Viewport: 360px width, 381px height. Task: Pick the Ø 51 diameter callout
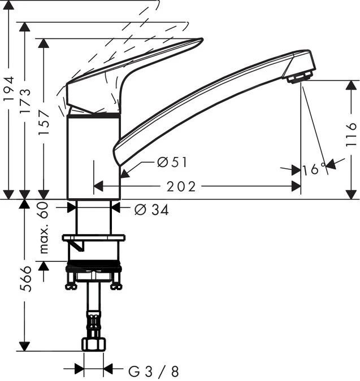tap(172, 163)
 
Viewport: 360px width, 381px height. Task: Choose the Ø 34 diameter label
tap(151, 210)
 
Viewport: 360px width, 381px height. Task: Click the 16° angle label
tap(314, 169)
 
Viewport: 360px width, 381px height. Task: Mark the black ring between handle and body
tap(93, 115)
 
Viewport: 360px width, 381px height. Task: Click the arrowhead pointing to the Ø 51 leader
tap(125, 174)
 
